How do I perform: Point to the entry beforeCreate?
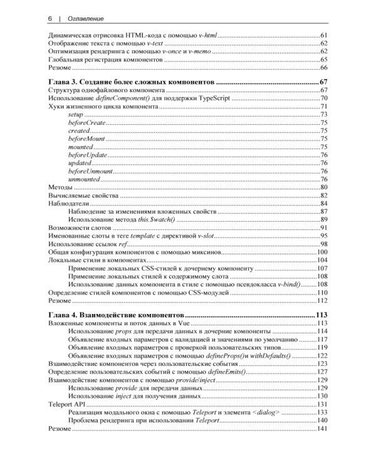click(x=86, y=122)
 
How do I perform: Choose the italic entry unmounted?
click(x=83, y=179)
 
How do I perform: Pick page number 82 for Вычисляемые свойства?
click(x=324, y=196)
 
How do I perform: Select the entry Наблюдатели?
click(x=69, y=204)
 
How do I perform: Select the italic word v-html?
click(x=207, y=34)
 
